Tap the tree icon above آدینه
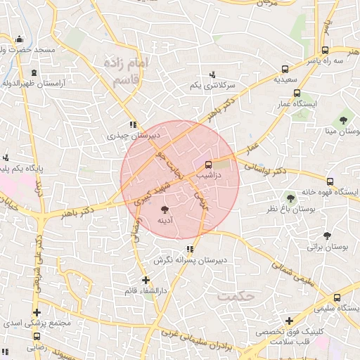point(165,210)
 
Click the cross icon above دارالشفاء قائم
point(146,280)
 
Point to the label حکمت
point(235,296)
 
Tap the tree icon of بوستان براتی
point(328,236)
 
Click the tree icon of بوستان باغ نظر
point(290,196)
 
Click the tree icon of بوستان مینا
point(343,119)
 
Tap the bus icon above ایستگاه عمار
point(297,93)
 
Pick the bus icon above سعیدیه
point(285,69)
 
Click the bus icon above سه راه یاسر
point(325,50)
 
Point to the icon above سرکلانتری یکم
point(212,74)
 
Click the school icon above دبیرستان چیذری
point(133,124)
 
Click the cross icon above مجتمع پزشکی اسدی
point(37,313)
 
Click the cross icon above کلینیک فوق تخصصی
point(289,321)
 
